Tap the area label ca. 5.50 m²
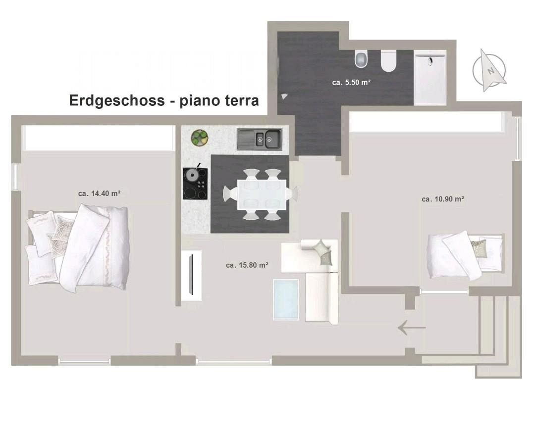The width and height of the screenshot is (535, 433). click(x=351, y=82)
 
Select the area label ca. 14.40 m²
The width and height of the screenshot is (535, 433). click(x=99, y=193)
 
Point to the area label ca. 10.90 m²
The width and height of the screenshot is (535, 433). click(x=442, y=199)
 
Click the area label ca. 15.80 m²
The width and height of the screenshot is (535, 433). click(x=247, y=265)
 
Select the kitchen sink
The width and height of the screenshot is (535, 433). click(x=260, y=139)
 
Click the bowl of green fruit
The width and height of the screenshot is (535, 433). click(x=200, y=138)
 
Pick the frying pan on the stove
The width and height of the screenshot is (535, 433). click(x=192, y=174)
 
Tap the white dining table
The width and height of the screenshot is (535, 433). click(x=262, y=194)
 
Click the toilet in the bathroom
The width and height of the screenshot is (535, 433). click(x=361, y=59)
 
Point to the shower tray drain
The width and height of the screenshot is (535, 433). click(x=430, y=61)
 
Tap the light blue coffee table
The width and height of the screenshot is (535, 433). click(x=286, y=300)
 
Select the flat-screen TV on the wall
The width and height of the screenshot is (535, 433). click(x=191, y=275)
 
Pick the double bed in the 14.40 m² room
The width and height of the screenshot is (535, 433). click(x=78, y=248)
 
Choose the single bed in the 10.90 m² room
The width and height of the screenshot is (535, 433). click(x=466, y=255)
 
